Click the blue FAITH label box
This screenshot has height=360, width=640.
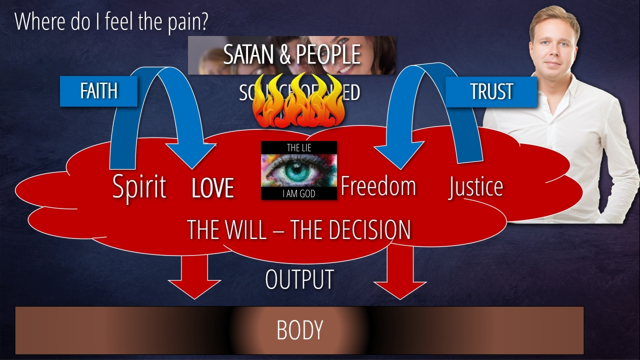(98, 91)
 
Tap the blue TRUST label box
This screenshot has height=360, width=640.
(491, 91)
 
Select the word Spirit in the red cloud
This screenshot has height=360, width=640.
(139, 187)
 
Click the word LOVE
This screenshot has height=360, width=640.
(212, 188)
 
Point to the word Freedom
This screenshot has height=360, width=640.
(378, 186)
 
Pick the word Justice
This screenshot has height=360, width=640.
(475, 186)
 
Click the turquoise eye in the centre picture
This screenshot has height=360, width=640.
(299, 170)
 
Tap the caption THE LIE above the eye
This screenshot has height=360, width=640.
(299, 147)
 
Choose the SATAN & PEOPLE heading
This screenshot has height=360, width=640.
(291, 54)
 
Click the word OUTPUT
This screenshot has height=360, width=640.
(299, 279)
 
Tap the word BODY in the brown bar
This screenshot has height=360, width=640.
(299, 330)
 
